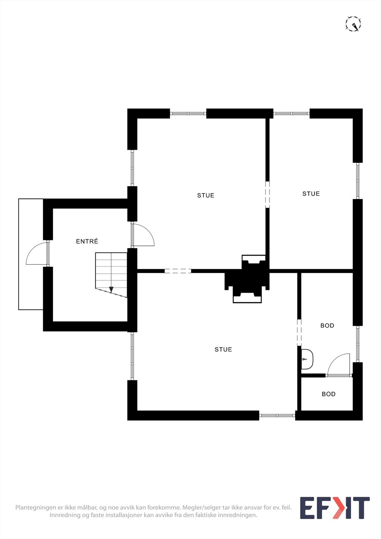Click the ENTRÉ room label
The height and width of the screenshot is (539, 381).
click(x=87, y=241)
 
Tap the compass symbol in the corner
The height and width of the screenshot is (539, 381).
click(x=353, y=24)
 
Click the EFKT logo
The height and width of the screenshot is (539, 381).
click(x=335, y=508)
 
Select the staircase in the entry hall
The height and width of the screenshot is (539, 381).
click(x=111, y=275)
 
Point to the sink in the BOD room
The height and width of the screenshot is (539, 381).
click(x=307, y=359)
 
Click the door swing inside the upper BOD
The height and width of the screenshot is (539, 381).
click(x=339, y=364)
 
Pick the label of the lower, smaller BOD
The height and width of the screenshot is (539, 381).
click(x=328, y=394)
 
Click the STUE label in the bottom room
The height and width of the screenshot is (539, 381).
click(x=223, y=349)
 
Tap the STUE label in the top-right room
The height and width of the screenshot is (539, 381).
click(x=311, y=194)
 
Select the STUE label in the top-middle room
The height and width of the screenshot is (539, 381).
click(x=205, y=195)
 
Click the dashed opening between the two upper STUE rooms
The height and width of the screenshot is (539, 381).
click(x=267, y=194)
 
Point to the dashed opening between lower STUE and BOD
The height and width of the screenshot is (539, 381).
click(x=299, y=332)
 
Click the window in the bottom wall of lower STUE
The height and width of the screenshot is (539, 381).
click(x=277, y=415)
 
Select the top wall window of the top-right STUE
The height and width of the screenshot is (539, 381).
click(x=291, y=114)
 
